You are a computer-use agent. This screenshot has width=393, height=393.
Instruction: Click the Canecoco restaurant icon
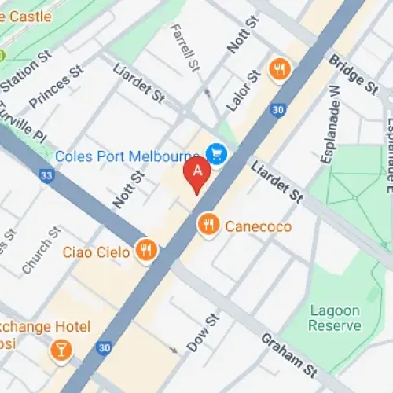tap(208, 226)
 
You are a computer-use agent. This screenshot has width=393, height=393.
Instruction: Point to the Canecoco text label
tap(259, 226)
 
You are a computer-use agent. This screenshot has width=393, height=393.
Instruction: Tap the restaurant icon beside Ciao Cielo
tap(145, 251)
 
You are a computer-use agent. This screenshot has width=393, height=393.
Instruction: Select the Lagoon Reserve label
tap(335, 318)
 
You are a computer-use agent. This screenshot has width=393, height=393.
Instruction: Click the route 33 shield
tap(48, 176)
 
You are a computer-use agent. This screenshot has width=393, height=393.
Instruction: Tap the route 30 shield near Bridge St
tap(277, 111)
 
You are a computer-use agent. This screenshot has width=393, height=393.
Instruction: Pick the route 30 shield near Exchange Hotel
tap(104, 346)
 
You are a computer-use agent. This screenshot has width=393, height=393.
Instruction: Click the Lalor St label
tap(243, 90)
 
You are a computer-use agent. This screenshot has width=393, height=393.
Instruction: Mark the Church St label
tap(41, 251)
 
